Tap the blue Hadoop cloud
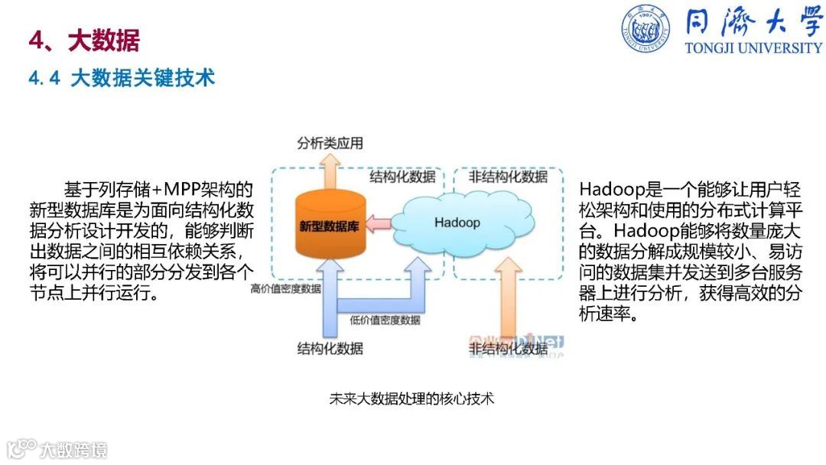(457, 223)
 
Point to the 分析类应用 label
(330, 143)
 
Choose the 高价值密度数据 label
(285, 289)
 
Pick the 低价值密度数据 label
(385, 320)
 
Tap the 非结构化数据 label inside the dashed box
(508, 177)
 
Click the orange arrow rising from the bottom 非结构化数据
(508, 298)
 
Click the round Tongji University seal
(646, 30)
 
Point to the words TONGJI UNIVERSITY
(753, 48)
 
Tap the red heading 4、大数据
(84, 41)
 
